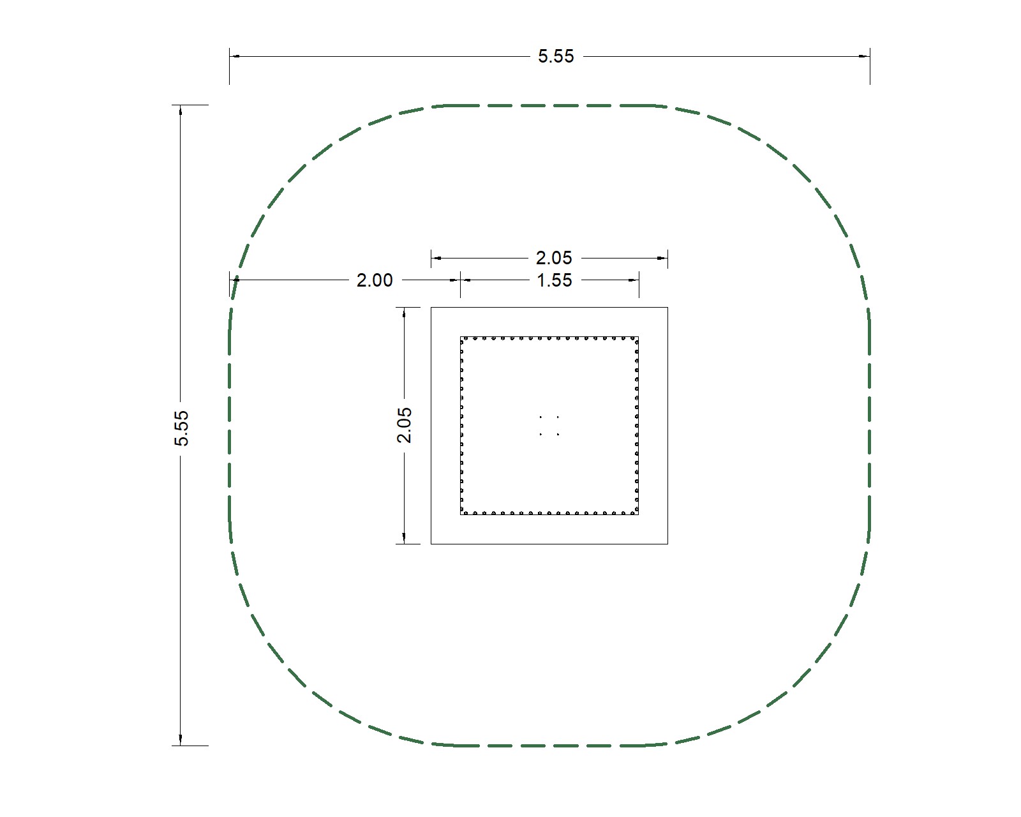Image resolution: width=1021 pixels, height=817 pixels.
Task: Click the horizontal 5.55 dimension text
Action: [556, 57]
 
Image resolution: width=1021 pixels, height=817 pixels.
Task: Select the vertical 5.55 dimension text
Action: [181, 428]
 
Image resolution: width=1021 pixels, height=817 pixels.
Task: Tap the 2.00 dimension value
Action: [375, 281]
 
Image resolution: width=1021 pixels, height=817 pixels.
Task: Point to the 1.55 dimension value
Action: [554, 281]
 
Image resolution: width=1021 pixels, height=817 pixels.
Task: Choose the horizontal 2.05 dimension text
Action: [554, 259]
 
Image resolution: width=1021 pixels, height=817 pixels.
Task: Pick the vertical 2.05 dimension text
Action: [404, 425]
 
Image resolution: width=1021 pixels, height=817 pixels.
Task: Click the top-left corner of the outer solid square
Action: [431, 307]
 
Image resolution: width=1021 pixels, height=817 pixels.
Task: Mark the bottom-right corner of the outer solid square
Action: [667, 544]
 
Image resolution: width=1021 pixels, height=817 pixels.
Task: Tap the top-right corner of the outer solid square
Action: [667, 307]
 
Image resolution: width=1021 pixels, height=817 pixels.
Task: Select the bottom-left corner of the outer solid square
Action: [431, 544]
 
